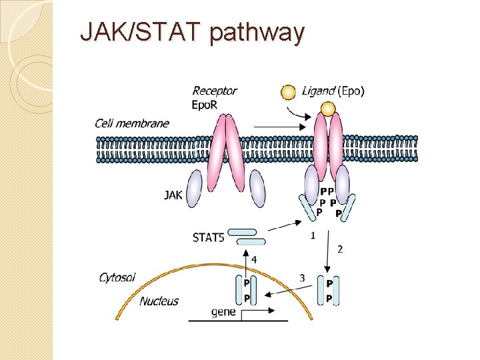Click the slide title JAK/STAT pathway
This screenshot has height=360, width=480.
[x=192, y=32]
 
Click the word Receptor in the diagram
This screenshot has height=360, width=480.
[x=214, y=91]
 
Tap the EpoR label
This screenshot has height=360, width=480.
[x=205, y=105]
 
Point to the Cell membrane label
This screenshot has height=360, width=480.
[x=131, y=123]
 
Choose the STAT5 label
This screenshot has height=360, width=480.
[x=208, y=237]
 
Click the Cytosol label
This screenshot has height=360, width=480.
[x=118, y=277]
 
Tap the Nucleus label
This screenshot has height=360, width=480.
[x=159, y=301]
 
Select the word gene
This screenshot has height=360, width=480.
[x=223, y=311]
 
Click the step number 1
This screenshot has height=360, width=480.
[x=313, y=235]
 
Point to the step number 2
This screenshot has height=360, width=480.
[x=340, y=249]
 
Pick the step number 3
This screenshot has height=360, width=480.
[x=302, y=278]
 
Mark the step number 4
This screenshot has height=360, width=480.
[x=254, y=258]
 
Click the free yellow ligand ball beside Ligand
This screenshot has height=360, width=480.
[x=288, y=93]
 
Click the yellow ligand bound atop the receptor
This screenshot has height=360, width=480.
[x=327, y=108]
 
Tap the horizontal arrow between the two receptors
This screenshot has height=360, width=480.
[x=279, y=125]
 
